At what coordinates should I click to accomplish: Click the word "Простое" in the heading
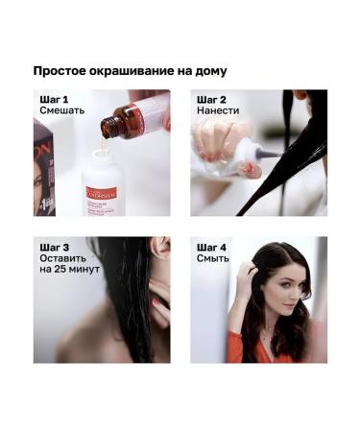tap(60, 71)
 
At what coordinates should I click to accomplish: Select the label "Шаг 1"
tap(54, 99)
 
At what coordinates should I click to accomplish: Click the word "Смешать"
tap(62, 111)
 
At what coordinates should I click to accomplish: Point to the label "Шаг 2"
tap(211, 99)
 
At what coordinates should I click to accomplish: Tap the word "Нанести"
tap(217, 111)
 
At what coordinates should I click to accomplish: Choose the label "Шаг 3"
tap(55, 246)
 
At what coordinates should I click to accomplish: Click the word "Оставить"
tap(63, 258)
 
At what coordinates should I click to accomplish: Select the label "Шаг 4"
tap(212, 246)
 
